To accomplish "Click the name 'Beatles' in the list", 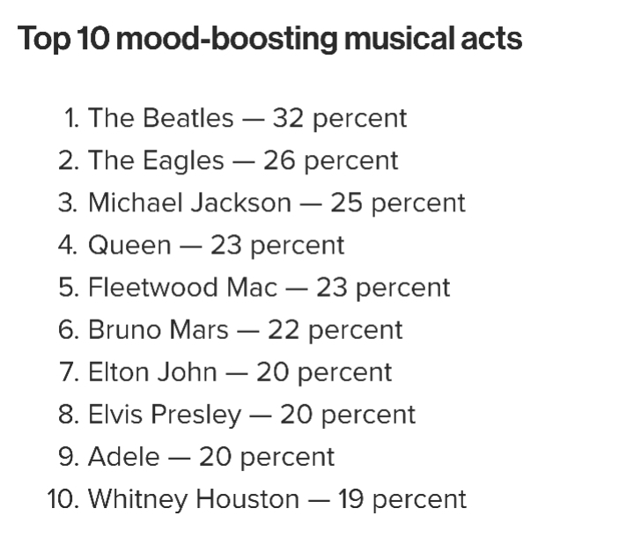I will pos(188,118).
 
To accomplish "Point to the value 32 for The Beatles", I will pos(287,118).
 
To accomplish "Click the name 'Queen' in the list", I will pos(129,245).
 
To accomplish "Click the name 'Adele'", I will pos(123,457).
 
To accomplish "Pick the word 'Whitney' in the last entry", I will pos(138,499).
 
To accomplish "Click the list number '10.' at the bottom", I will pos(63,499).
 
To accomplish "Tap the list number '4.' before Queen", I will pos(69,245).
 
